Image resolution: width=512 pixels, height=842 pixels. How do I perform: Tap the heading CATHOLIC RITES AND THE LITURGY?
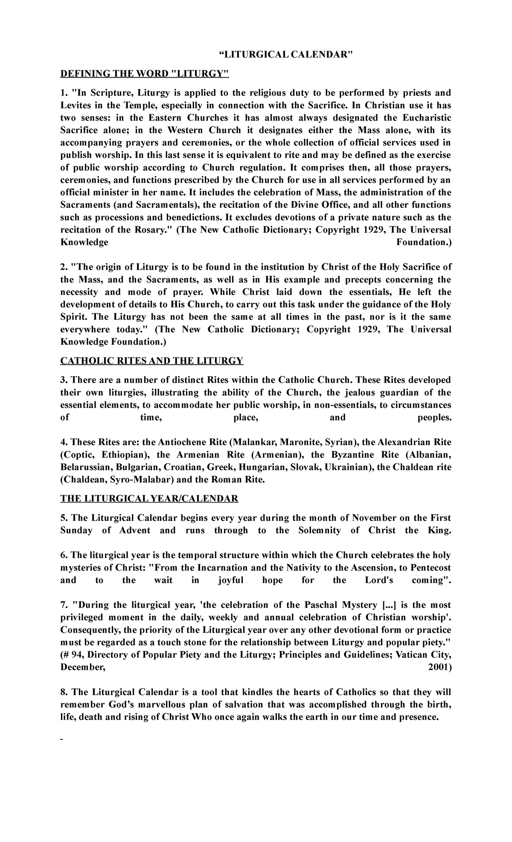pyautogui.click(x=151, y=361)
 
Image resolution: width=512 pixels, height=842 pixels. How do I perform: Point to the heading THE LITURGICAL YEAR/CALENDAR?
pyautogui.click(x=149, y=499)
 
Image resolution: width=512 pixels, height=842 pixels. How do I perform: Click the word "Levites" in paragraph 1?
pyautogui.click(x=76, y=105)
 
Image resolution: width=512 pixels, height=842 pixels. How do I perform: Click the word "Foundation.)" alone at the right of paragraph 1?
pyautogui.click(x=424, y=242)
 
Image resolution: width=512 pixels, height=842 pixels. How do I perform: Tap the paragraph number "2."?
pyautogui.click(x=64, y=267)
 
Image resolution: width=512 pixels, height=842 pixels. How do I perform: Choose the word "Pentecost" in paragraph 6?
pyautogui.click(x=429, y=568)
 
